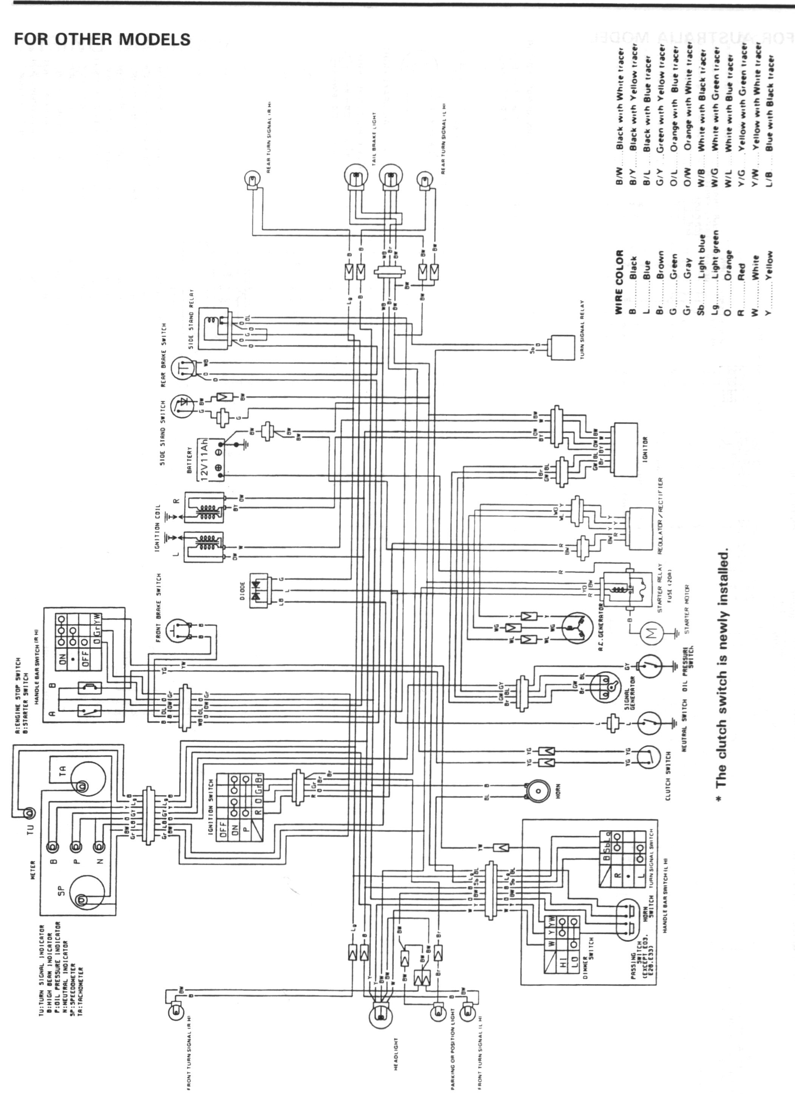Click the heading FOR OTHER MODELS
pyautogui.click(x=102, y=39)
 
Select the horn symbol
pyautogui.click(x=537, y=792)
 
